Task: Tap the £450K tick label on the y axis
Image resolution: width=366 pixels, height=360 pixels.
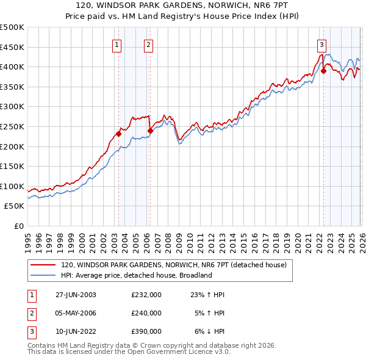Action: point(12,47)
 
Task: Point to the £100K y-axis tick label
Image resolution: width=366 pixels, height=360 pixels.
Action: point(12,186)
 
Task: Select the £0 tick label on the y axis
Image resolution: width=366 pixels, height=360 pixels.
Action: point(19,226)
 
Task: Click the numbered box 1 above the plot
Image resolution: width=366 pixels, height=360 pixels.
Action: point(117,44)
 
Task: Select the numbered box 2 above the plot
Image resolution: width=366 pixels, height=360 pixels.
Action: point(148,44)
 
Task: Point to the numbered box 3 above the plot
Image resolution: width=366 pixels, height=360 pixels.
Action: point(321,44)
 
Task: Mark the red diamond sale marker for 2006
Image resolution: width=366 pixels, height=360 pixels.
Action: point(149,131)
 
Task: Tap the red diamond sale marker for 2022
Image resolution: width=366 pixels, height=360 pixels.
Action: point(323,71)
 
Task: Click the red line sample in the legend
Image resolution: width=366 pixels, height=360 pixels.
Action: point(43,265)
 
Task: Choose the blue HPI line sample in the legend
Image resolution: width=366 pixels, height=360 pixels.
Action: point(43,275)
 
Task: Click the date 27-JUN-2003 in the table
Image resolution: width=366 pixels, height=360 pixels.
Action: point(76,295)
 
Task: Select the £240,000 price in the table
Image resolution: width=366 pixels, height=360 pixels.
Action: point(146,313)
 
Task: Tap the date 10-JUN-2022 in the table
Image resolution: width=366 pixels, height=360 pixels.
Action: point(76,331)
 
